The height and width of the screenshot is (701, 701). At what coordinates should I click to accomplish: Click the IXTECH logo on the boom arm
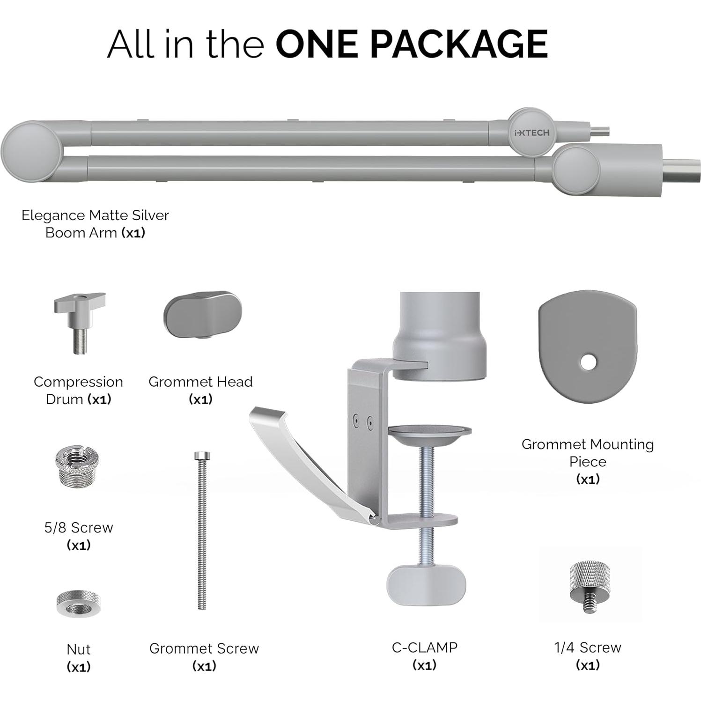(531, 133)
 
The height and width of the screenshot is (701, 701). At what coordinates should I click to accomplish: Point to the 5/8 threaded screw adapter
(78, 465)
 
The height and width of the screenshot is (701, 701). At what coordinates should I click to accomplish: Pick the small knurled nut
(78, 604)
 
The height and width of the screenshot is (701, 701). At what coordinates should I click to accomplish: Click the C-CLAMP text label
(425, 647)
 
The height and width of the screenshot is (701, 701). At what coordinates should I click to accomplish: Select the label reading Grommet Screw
(204, 648)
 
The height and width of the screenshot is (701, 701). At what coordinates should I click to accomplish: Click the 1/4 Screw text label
(588, 647)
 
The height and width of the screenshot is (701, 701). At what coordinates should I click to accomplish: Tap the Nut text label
(79, 649)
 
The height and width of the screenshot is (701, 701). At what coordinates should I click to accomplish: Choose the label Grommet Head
(200, 382)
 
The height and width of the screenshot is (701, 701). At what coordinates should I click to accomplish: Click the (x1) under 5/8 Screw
(79, 545)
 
